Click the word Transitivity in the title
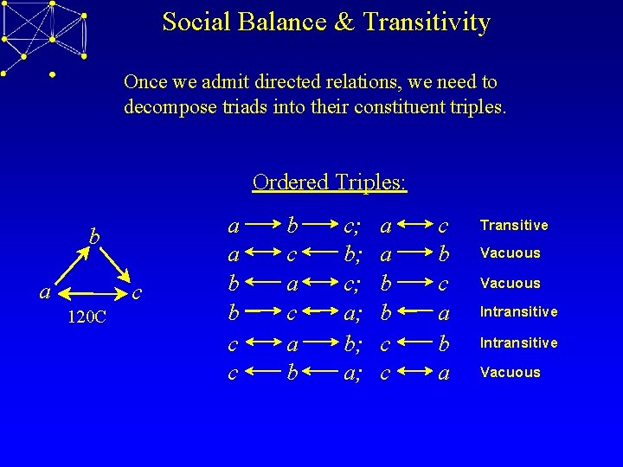coord(427,22)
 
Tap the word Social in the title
coord(192,22)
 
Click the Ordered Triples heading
coord(330,182)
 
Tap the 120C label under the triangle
coord(87,317)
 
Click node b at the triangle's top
coord(96,236)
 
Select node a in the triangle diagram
coord(44,292)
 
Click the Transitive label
coord(514,225)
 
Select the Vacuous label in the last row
coord(511,373)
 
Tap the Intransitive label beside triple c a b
coord(519,342)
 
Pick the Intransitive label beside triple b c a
coord(519,311)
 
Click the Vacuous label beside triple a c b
coord(511,253)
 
